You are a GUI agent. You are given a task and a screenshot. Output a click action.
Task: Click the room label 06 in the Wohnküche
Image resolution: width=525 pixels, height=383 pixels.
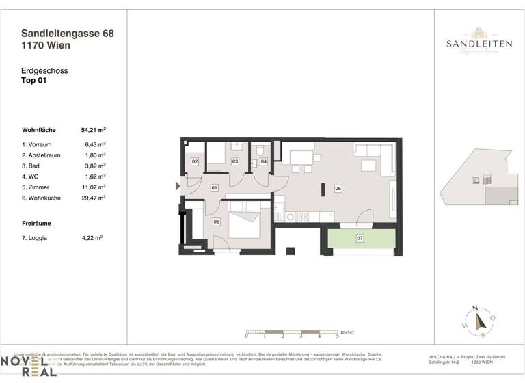tap(337, 188)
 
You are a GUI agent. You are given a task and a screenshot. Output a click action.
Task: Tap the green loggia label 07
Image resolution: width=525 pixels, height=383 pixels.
tap(360, 239)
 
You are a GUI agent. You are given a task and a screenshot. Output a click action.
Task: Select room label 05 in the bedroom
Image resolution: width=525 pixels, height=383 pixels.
tap(216, 222)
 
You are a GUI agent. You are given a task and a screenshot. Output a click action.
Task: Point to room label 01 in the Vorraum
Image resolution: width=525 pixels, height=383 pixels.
tap(214, 187)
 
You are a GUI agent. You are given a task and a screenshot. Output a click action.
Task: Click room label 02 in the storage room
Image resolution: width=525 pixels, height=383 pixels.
tap(195, 162)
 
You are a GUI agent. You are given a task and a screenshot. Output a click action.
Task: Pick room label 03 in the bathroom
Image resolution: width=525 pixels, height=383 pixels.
tap(234, 162)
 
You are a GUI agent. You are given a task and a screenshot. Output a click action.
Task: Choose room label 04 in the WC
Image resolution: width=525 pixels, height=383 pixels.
tap(264, 162)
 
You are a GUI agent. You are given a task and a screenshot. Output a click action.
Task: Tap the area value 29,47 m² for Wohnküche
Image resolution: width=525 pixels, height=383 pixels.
tap(93, 198)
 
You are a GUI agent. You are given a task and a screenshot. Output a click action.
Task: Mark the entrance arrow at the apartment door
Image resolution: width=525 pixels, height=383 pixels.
tap(178, 185)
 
